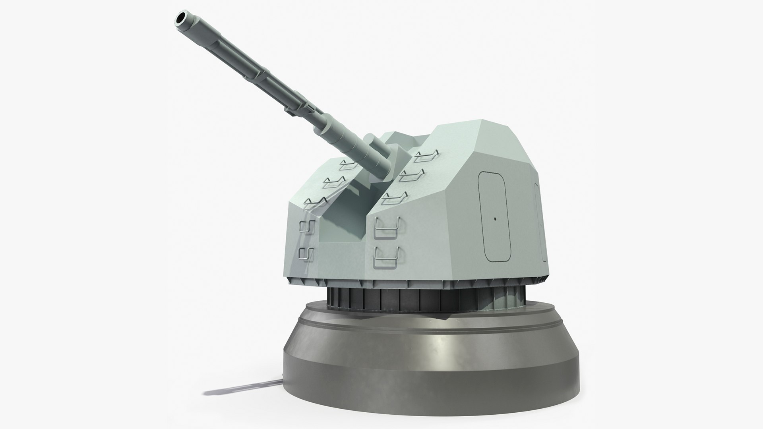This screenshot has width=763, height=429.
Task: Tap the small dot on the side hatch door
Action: pos(496,218)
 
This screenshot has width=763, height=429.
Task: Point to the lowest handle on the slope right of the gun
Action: pos(395,198)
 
